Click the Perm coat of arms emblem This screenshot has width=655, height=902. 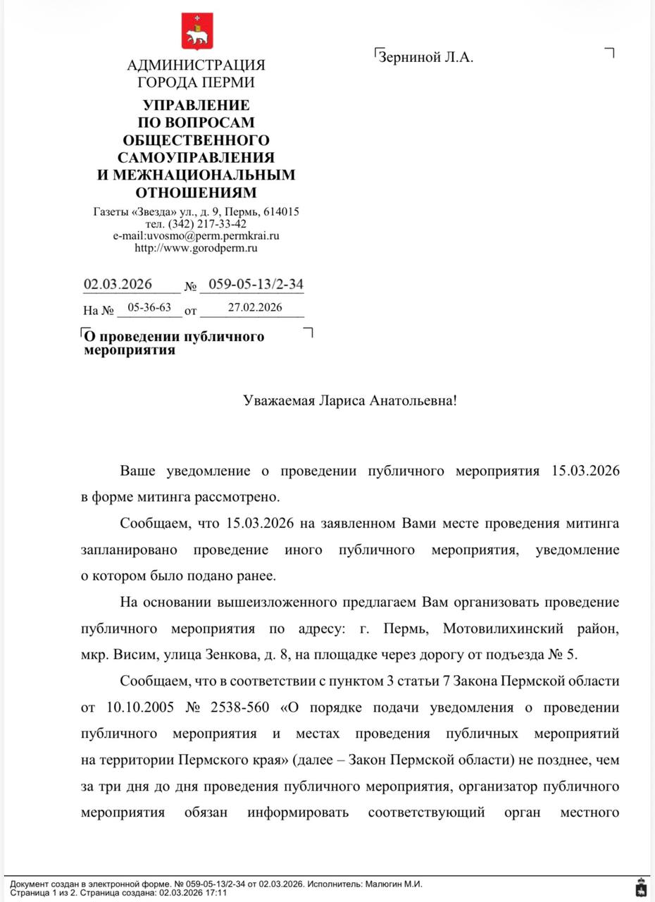click(196, 31)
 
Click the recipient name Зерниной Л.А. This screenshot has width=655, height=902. click(426, 58)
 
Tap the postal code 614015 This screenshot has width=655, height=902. click(282, 211)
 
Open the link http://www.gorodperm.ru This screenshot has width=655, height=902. click(196, 248)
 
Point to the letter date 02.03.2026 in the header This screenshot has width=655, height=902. click(118, 285)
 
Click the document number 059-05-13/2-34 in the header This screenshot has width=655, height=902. click(251, 285)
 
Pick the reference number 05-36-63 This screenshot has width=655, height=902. click(149, 308)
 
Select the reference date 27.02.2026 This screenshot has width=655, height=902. click(255, 308)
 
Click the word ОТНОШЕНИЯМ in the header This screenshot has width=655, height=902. click(196, 192)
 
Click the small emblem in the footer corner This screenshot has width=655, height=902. click(640, 888)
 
